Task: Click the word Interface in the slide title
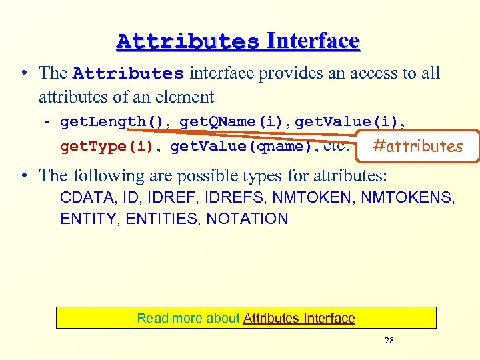click(x=313, y=41)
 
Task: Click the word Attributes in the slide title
click(x=187, y=41)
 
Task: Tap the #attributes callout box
click(x=417, y=146)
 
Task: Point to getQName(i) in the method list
click(x=233, y=121)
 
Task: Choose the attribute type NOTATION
click(x=247, y=219)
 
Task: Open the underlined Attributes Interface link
click(x=299, y=319)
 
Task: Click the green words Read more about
click(x=188, y=319)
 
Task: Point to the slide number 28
click(x=389, y=341)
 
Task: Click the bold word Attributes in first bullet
click(x=128, y=73)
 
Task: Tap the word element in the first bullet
click(x=187, y=97)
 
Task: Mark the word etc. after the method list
click(x=337, y=146)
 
